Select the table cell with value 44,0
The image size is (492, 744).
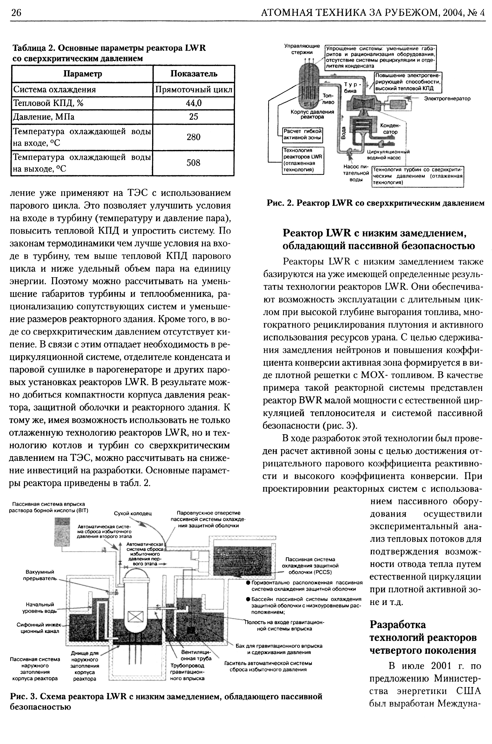pyautogui.click(x=194, y=103)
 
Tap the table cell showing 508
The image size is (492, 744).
pyautogui.click(x=194, y=163)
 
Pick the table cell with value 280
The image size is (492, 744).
pyautogui.click(x=194, y=137)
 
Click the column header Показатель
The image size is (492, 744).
pyautogui.click(x=194, y=74)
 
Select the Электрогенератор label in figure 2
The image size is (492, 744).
pyautogui.click(x=447, y=99)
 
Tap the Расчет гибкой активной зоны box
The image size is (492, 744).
pyautogui.click(x=303, y=134)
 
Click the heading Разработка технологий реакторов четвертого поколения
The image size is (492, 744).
pyautogui.click(x=423, y=637)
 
